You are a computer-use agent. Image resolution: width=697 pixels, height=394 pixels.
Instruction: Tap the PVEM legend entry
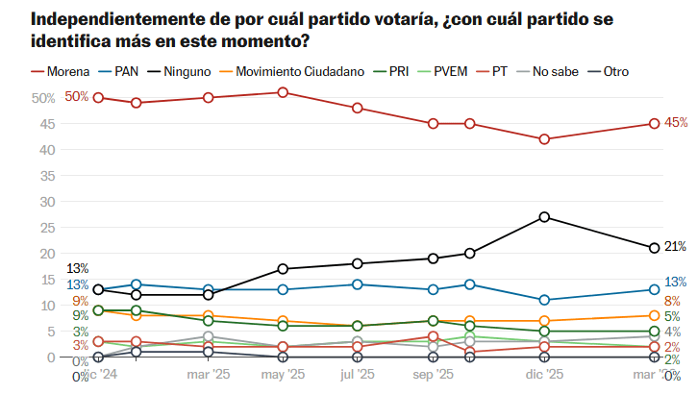pos(453,71)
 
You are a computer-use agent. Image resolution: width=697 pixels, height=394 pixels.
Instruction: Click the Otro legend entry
pos(614,71)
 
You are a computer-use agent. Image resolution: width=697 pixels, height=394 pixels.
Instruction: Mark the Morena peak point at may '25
pos(283,92)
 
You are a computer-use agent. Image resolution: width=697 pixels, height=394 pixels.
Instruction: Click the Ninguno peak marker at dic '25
pos(544,217)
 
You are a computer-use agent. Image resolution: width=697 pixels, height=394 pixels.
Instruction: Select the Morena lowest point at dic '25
pos(544,139)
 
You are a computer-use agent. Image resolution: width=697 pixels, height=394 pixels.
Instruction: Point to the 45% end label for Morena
pos(676,123)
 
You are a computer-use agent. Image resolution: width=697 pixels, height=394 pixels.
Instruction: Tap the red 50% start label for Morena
pos(77,97)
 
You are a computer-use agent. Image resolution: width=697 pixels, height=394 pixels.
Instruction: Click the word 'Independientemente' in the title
pos(106,19)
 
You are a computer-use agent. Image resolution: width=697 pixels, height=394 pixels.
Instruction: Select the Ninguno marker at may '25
pos(283,269)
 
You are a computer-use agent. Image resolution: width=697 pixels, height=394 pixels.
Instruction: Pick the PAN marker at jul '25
pos(358,284)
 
